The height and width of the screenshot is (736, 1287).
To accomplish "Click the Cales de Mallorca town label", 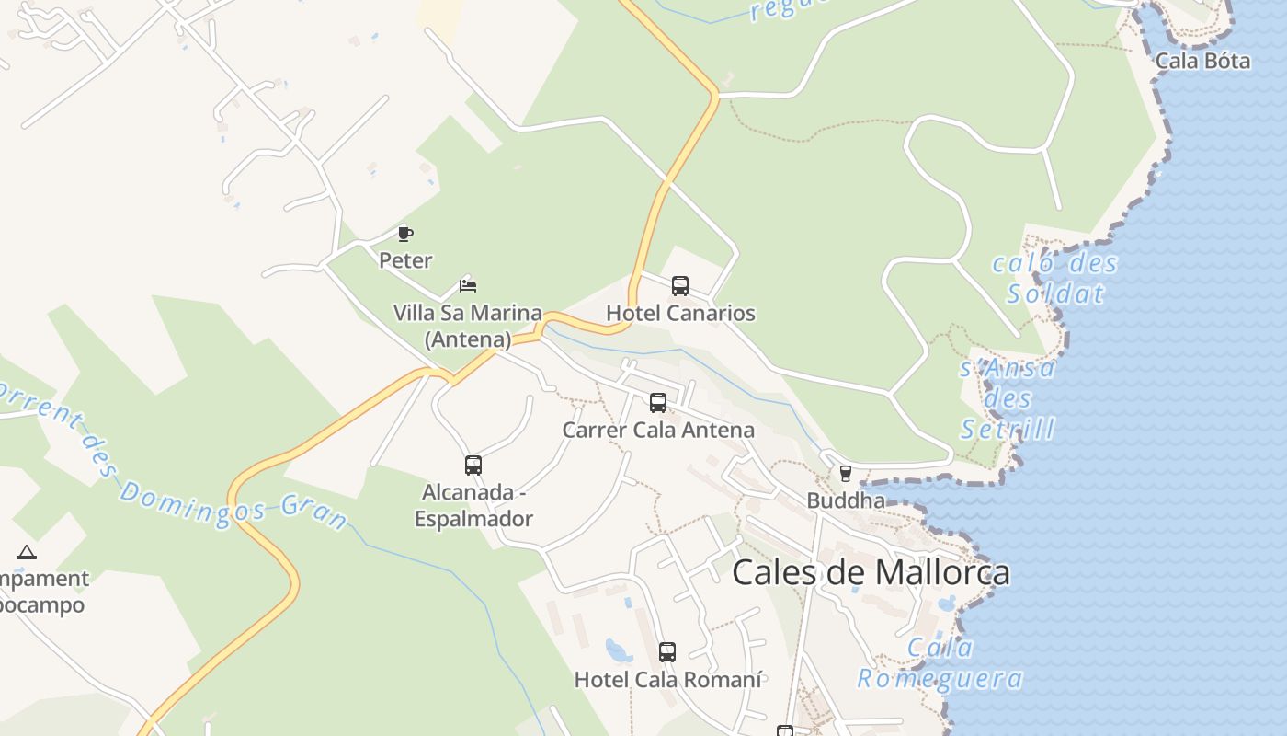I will tap(871, 572).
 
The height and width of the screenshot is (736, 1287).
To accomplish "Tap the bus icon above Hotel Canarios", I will tap(680, 285).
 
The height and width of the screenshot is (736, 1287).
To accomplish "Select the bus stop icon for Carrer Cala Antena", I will tap(658, 402).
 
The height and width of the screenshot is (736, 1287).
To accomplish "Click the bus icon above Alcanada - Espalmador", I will tap(473, 465).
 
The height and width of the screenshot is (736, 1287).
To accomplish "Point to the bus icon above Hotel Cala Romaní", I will tap(667, 652).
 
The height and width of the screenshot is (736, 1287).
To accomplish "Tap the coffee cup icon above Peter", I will tap(405, 234).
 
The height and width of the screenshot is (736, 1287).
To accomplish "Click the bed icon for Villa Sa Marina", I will tap(468, 285).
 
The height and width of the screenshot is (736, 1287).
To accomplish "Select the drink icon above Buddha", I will tap(846, 474).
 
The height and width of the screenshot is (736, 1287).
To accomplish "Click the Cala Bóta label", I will tap(1202, 61).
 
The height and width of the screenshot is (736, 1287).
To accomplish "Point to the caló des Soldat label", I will tap(1054, 279).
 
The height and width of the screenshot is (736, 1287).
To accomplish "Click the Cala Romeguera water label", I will tap(940, 663).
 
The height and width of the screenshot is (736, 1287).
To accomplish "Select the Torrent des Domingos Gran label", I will tap(175, 460).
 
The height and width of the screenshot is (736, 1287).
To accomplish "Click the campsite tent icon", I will tap(27, 552).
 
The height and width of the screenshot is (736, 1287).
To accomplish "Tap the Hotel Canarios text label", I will tap(680, 313).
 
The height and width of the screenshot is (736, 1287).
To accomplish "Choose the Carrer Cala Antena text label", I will tap(658, 430).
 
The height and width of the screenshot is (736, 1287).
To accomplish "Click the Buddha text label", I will tap(846, 500).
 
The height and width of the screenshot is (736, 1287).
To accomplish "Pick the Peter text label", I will tap(405, 260).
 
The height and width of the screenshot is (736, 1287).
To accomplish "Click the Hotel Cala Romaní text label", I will tap(667, 680).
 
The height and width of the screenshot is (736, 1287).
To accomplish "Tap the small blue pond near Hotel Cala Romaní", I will tap(618, 651).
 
